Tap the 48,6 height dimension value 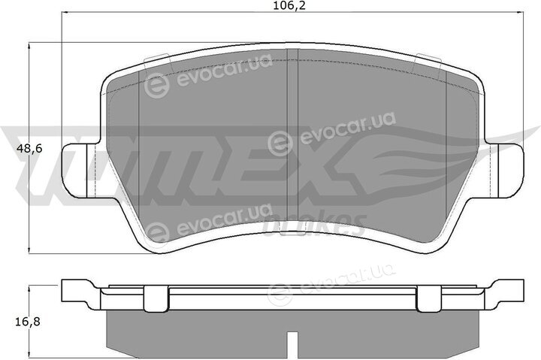29,149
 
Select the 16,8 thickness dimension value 28,322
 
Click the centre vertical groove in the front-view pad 292,141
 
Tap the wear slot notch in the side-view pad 292,345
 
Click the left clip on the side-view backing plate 156,298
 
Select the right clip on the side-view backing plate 429,298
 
